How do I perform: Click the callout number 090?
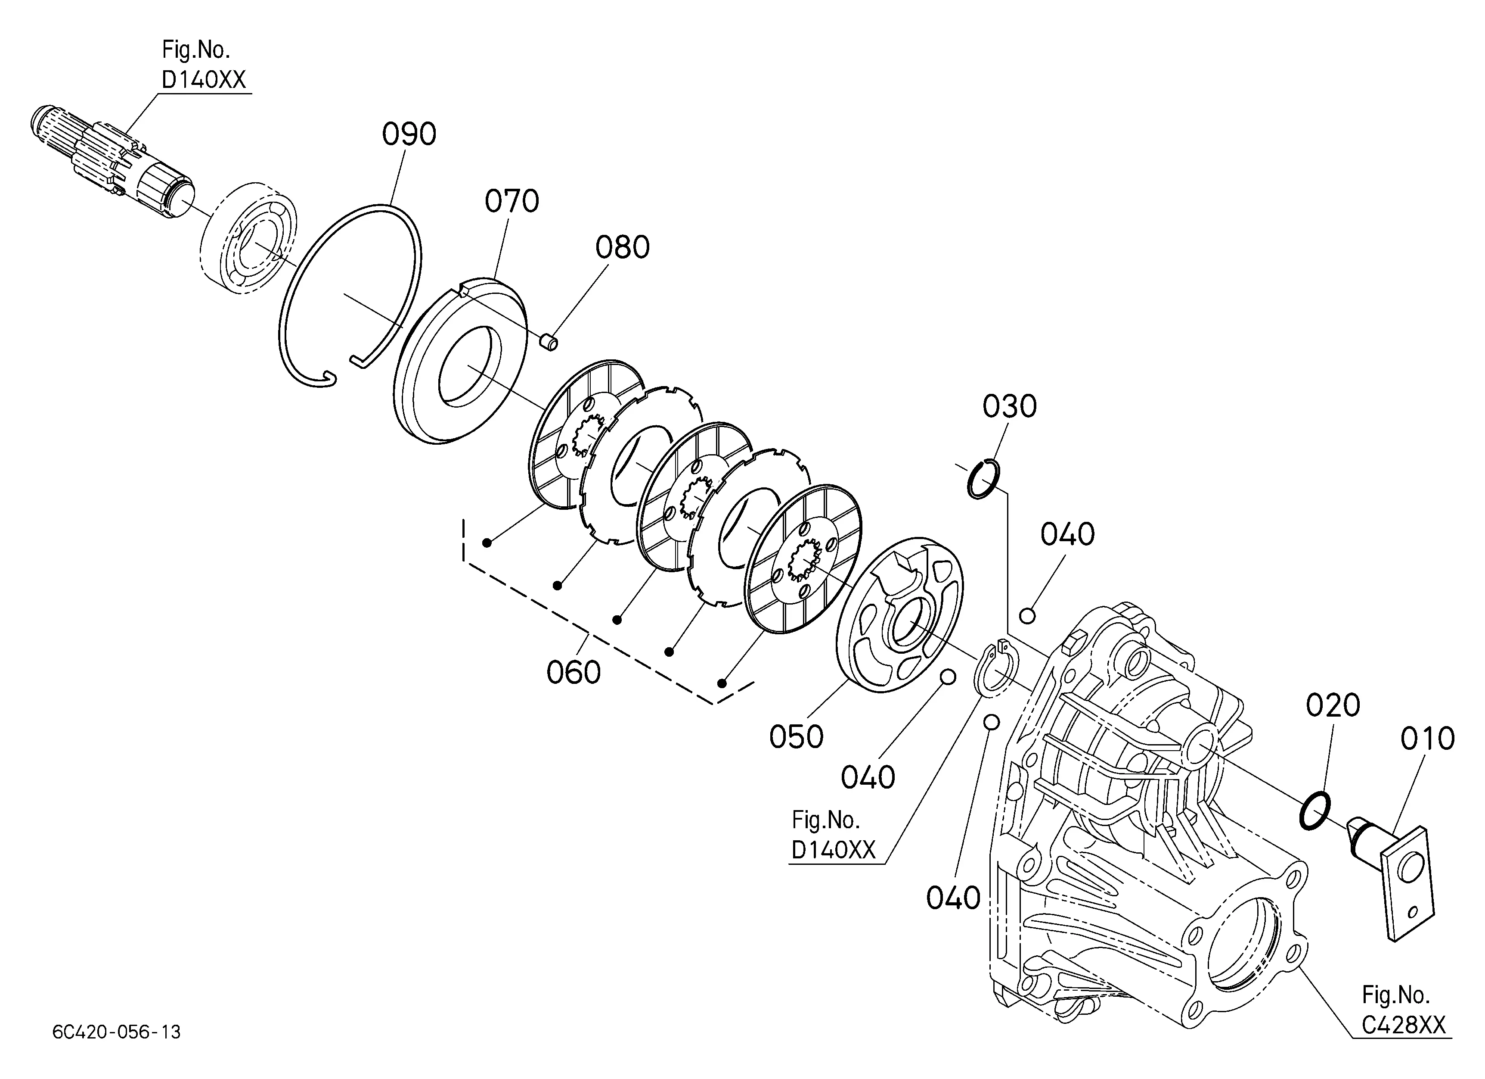[x=409, y=135]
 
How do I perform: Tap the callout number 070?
[x=512, y=202]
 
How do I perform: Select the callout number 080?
[x=622, y=248]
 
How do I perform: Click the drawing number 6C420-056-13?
[x=117, y=1032]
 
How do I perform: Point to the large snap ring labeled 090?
[x=350, y=295]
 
